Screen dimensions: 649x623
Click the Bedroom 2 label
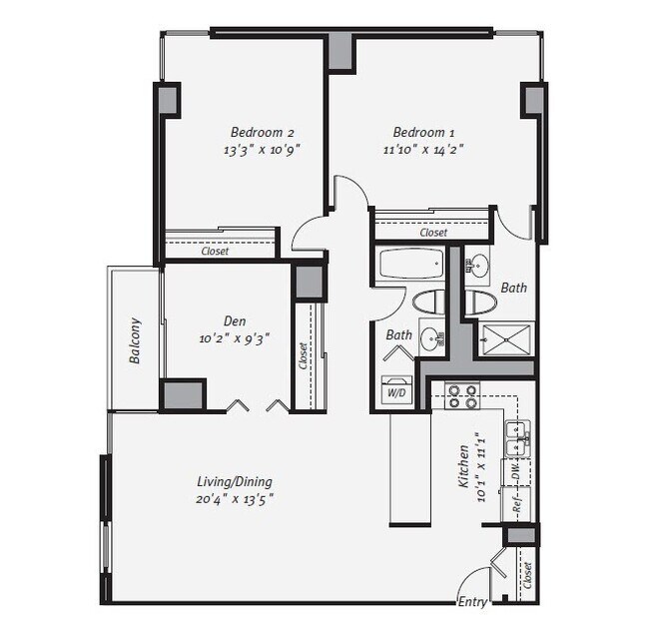coord(262,133)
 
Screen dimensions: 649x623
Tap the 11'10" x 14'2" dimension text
coord(423,150)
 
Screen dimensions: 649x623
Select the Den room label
coord(235,321)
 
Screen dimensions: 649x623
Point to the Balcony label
coord(135,340)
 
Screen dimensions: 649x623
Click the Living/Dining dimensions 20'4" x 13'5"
coord(235,499)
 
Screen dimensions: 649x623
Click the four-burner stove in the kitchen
coord(462,395)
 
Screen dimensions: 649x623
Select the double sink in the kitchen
coord(518,438)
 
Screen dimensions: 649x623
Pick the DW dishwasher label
coord(516,471)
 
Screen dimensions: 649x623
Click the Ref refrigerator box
coord(516,504)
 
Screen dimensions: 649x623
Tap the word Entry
coord(472,601)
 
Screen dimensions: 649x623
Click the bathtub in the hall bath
coord(411,265)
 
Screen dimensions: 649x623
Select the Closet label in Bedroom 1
coord(433,233)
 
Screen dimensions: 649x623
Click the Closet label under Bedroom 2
coord(215,251)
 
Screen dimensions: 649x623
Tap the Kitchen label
coord(463,466)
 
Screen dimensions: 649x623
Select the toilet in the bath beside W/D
coord(428,301)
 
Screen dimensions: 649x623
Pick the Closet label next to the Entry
coord(527,575)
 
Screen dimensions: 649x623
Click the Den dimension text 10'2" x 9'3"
coord(235,339)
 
